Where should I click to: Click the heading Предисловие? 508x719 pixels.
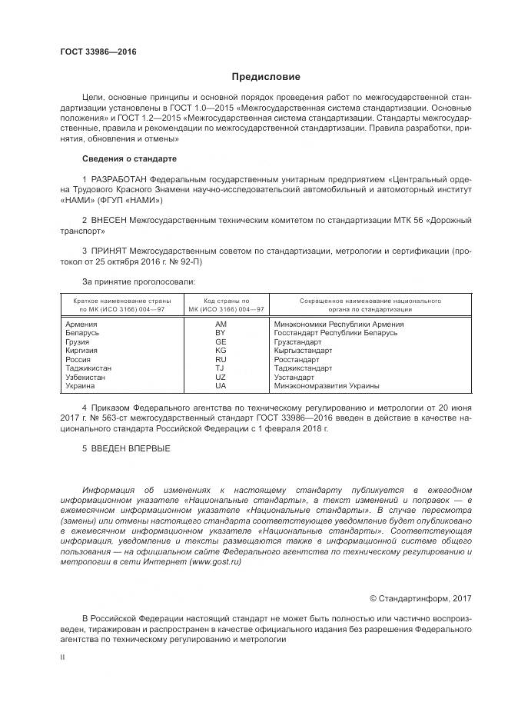(267, 77)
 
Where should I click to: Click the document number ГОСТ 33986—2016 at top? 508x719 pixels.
(98, 52)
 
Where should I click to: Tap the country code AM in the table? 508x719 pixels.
(221, 325)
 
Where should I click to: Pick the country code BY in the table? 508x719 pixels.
(221, 333)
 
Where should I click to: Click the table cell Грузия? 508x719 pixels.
(78, 342)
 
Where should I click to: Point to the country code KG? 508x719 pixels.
(221, 351)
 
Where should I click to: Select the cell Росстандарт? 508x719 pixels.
(296, 359)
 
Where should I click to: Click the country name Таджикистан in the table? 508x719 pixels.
(91, 368)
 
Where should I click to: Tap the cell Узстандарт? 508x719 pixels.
(294, 378)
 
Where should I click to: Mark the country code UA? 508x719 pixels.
(221, 386)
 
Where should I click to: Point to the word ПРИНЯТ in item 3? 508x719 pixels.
(111, 251)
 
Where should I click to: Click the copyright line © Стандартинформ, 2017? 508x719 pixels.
(420, 598)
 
